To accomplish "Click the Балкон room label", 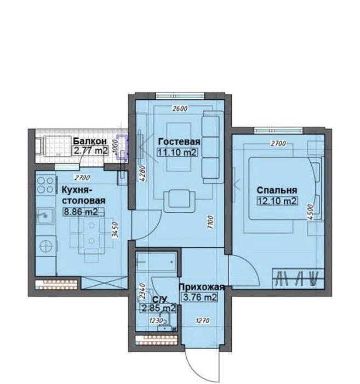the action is point(90,142).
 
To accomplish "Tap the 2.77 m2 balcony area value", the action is point(91,151).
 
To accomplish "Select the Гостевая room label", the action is point(179,142).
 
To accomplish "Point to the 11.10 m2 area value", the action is point(177,153).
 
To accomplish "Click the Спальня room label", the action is point(277,190).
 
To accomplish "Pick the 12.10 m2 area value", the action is point(277,201).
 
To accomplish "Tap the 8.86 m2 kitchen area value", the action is point(81,211).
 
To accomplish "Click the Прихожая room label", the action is point(202,287).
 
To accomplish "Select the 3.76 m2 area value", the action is point(200,297).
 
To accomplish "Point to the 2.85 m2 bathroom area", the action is point(158,308).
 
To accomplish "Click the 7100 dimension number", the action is point(210,222).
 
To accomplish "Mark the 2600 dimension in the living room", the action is point(180,108).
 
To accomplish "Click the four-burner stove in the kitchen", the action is point(45,185).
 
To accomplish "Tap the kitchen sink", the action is point(45,216).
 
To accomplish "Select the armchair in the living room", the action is point(180,201).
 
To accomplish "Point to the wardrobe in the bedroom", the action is point(299,279).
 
